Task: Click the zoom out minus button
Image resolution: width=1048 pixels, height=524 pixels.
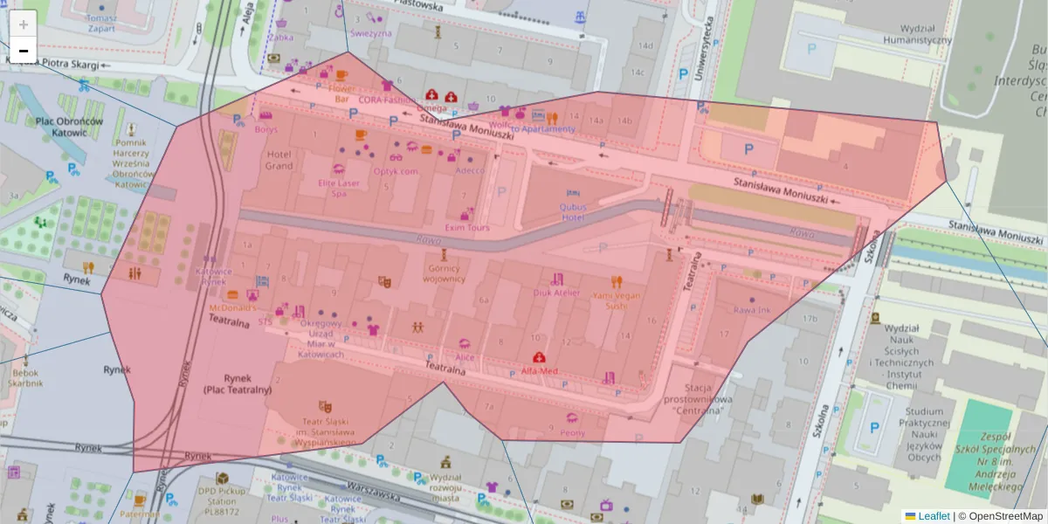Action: (x=24, y=51)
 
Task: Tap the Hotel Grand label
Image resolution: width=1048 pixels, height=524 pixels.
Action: (x=279, y=160)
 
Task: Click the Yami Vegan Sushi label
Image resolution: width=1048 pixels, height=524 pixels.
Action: (x=617, y=300)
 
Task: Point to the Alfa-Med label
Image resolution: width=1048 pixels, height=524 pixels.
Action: (x=540, y=371)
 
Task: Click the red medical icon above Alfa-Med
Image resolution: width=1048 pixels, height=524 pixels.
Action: (x=540, y=357)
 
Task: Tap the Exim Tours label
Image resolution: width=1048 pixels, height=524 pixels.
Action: (x=467, y=227)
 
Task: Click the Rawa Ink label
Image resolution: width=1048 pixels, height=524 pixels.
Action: (x=751, y=310)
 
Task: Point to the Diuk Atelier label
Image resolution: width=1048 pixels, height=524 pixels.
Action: (x=556, y=293)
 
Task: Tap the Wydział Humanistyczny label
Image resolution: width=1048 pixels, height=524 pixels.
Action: (x=916, y=34)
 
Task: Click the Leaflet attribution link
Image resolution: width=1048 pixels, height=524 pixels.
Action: (x=934, y=516)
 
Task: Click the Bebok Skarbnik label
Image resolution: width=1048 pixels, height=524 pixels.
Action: (x=26, y=377)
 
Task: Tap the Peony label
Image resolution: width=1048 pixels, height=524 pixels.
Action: (x=572, y=432)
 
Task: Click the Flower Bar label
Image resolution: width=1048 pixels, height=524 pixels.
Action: (x=341, y=93)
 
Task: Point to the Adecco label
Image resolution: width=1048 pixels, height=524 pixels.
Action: (x=470, y=170)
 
